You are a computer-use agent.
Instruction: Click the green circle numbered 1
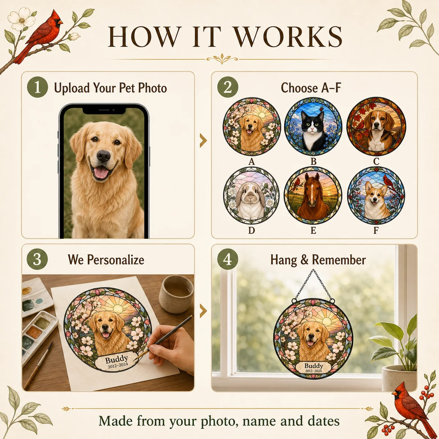click(x=37, y=88)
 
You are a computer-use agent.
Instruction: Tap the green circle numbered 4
click(x=228, y=259)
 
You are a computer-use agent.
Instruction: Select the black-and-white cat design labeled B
click(x=313, y=127)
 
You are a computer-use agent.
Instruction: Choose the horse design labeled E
click(x=313, y=196)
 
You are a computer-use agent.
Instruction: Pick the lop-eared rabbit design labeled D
click(x=251, y=196)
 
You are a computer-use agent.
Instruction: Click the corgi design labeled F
click(x=376, y=196)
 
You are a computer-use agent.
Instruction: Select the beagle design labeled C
click(x=376, y=127)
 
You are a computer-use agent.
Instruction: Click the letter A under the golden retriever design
click(x=251, y=162)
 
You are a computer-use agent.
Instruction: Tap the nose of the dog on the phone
click(x=104, y=156)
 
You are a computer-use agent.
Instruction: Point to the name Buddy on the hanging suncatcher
click(x=314, y=366)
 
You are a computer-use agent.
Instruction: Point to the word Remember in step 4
click(x=339, y=260)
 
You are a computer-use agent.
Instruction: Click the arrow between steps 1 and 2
click(x=203, y=140)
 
